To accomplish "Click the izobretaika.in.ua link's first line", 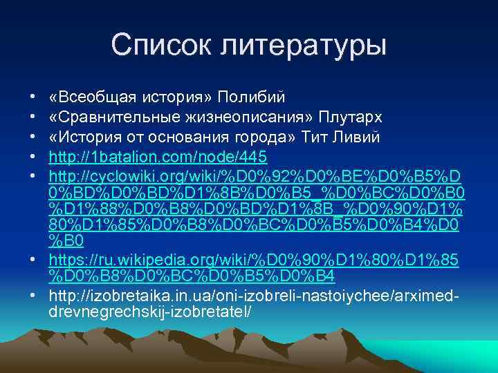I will pos(256,296).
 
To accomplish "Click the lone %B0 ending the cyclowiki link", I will pos(67,240).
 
